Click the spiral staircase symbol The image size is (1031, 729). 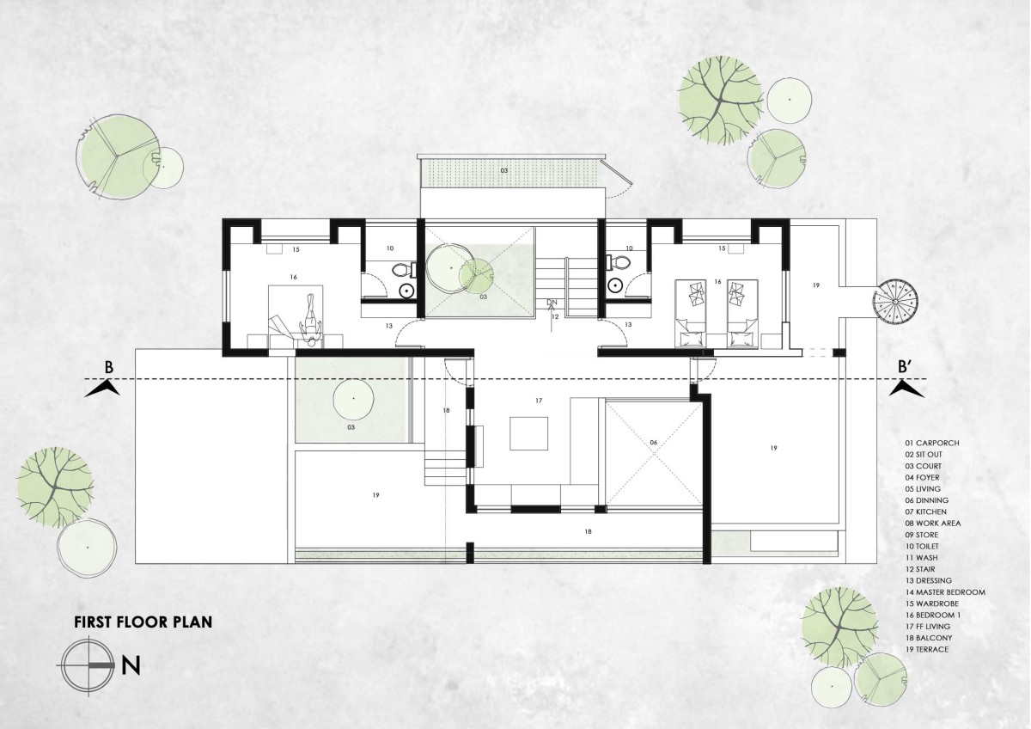tap(895, 301)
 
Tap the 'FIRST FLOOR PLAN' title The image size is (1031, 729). tap(143, 622)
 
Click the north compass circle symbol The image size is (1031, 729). tap(88, 665)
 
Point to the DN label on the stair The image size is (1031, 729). tap(552, 302)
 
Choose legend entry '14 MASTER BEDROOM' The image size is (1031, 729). tap(945, 592)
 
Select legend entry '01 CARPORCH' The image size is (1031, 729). tap(932, 443)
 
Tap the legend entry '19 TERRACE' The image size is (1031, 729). tap(926, 649)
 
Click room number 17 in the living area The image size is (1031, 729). tap(539, 401)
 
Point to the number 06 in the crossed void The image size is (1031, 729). tap(654, 443)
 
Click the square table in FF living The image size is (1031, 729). tap(529, 433)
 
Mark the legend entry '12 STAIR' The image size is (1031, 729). tap(920, 569)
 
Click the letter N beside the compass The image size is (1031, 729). tap(131, 666)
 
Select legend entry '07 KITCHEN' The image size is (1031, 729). tap(925, 512)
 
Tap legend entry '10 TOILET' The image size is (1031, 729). tap(922, 546)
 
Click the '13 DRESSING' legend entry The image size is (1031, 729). tap(929, 581)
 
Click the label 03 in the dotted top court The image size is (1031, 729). tap(504, 170)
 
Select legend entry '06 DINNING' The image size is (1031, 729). tap(926, 500)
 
